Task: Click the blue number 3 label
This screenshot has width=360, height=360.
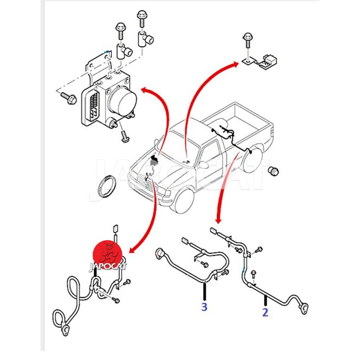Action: click(x=204, y=308)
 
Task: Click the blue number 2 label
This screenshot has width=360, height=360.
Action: click(x=265, y=312)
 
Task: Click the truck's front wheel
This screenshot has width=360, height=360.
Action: click(x=184, y=200)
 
